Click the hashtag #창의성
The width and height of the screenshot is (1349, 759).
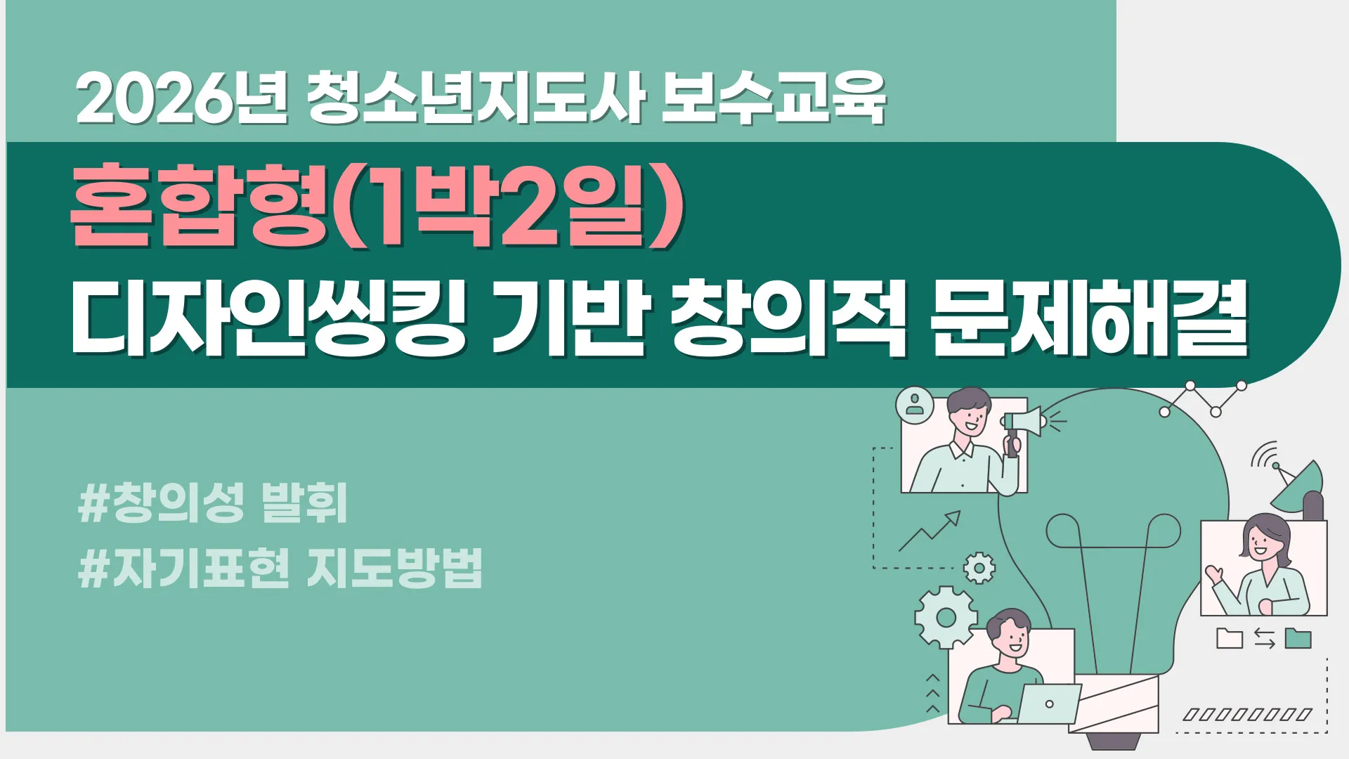pyautogui.click(x=162, y=503)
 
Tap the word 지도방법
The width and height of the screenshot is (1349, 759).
pyautogui.click(x=395, y=568)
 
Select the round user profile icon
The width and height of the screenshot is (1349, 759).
pyautogui.click(x=915, y=406)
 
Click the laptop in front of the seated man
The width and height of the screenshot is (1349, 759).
pyautogui.click(x=1049, y=703)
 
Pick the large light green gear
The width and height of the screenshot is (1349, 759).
pyautogui.click(x=946, y=617)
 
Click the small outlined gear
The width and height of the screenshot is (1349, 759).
pyautogui.click(x=979, y=568)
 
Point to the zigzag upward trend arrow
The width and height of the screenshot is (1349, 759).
pyautogui.click(x=929, y=531)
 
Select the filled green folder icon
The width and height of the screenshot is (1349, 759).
pyautogui.click(x=1298, y=638)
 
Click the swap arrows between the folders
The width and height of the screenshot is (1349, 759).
pyautogui.click(x=1264, y=639)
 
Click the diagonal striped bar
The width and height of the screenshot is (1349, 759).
pyautogui.click(x=1248, y=715)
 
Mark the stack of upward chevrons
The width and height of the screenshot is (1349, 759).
pyautogui.click(x=932, y=694)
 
